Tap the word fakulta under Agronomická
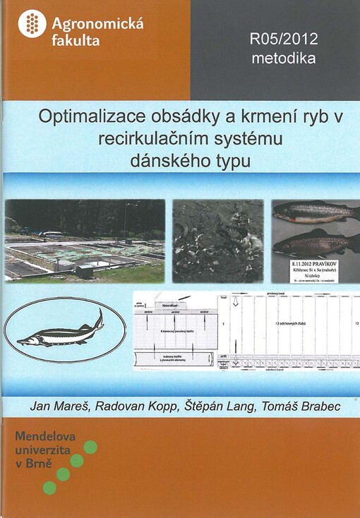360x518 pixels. click(76, 41)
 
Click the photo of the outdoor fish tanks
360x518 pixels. click(85, 240)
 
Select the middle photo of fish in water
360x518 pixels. click(218, 240)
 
